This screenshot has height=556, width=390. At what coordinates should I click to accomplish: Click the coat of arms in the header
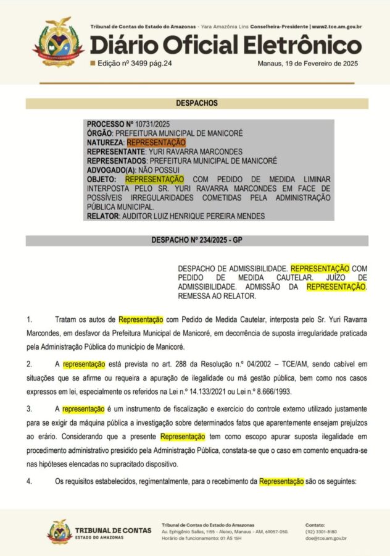coord(56,42)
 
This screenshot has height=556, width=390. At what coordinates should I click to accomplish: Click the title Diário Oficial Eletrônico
coord(226,46)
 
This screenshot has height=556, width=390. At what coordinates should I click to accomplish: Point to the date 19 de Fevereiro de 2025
coord(318,63)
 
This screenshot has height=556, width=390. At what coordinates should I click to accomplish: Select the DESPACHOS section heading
coord(197,103)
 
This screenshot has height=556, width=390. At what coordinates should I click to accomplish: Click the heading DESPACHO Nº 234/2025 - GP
coord(197,240)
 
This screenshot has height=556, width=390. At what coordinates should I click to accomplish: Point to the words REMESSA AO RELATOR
coord(218,296)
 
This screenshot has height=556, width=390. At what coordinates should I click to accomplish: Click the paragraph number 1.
coord(28,320)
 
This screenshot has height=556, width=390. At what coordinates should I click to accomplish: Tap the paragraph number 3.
coord(28,409)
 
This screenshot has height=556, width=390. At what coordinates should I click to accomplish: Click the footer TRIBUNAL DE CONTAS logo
coord(93,533)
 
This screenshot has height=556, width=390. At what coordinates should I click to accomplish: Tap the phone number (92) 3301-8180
coord(321,531)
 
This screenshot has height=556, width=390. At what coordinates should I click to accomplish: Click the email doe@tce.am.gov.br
coord(326,539)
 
